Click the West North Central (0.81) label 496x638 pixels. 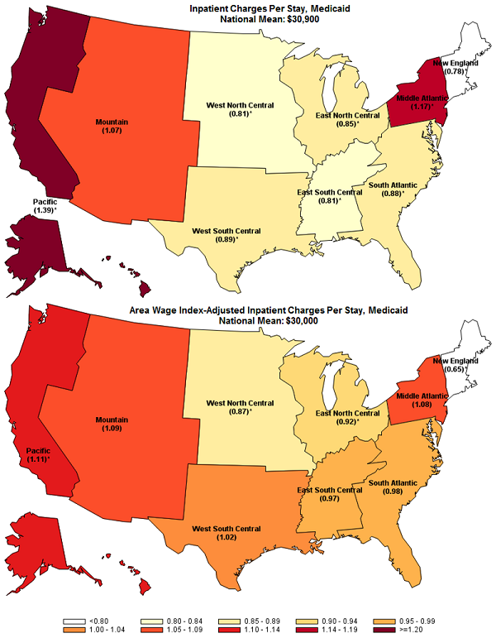(x=227, y=110)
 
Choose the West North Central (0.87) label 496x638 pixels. (x=227, y=406)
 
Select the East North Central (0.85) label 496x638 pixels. (x=347, y=119)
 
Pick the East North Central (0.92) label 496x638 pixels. (x=347, y=416)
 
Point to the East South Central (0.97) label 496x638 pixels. (x=330, y=494)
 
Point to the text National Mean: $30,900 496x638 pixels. (x=248, y=18)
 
